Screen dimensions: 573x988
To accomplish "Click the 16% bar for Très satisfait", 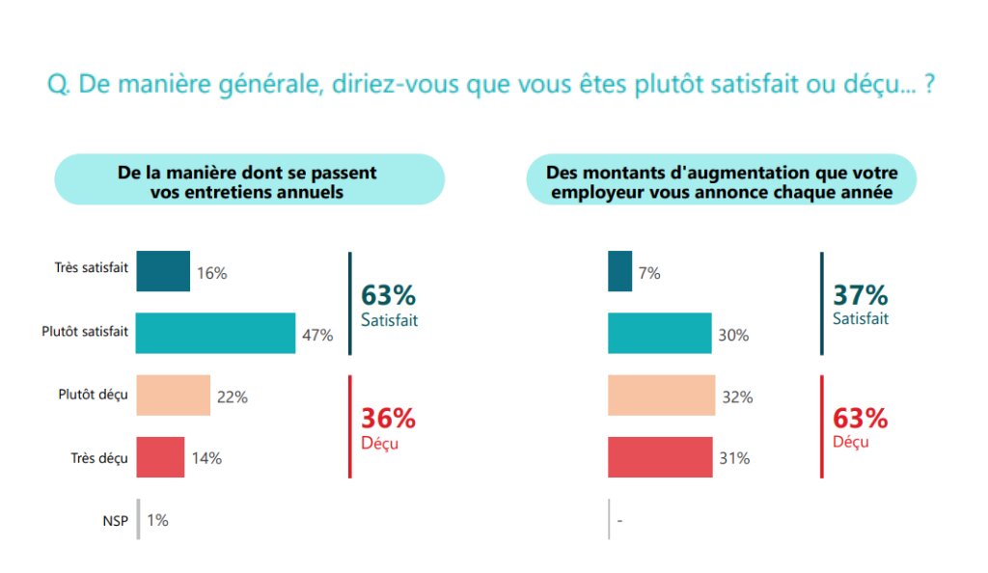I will point(163,271).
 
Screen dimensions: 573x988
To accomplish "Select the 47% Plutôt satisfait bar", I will point(215,333).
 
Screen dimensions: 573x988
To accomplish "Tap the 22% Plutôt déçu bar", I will point(174,396).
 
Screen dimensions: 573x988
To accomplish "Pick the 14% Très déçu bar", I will point(160,457).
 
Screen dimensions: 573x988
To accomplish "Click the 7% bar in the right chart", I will point(620,271).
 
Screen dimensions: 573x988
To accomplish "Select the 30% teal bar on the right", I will point(660,333).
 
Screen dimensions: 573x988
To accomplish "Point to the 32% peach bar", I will point(662,396).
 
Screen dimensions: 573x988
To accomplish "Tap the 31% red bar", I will point(661,457).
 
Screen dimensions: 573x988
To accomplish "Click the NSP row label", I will point(116,520).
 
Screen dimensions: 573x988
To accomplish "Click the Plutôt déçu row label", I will point(93,395).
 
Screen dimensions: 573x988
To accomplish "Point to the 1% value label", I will point(157,520).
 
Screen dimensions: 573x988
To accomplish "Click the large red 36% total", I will point(388,419).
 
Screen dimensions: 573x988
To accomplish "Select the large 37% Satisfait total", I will point(860,294).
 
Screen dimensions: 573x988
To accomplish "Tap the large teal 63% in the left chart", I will point(388,294).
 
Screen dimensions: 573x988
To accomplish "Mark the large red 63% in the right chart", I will point(860,419).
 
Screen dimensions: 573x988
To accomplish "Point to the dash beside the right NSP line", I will point(618,521).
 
